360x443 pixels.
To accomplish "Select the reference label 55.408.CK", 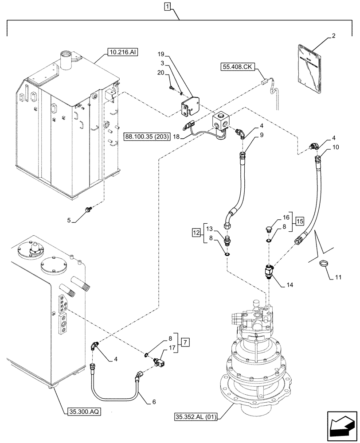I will (x=237, y=67).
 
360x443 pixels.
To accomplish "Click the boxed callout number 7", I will (x=185, y=343).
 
